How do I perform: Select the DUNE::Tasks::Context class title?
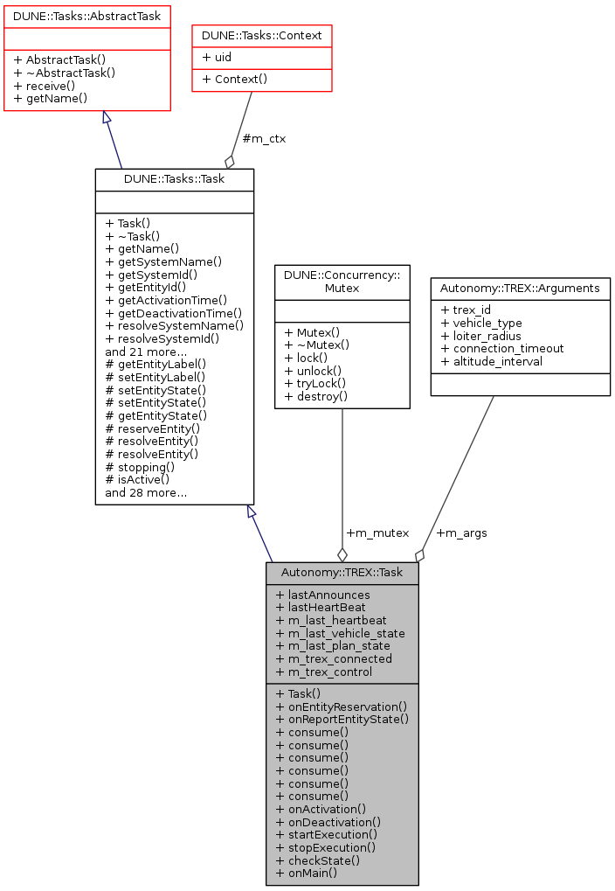coord(262,36)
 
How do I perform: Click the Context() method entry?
coord(234,79)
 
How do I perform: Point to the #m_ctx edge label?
coord(264,138)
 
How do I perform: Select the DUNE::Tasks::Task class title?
coord(174,179)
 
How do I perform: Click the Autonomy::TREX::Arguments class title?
coord(520,288)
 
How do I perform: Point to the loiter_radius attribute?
coord(480,335)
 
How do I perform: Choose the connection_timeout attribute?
coord(502,348)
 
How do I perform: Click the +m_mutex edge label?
coord(377,533)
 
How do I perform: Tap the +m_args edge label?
coord(461,533)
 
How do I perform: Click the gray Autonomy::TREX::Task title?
coord(342,573)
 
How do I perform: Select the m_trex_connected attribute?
coord(334,658)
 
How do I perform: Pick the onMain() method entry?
coord(306,872)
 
